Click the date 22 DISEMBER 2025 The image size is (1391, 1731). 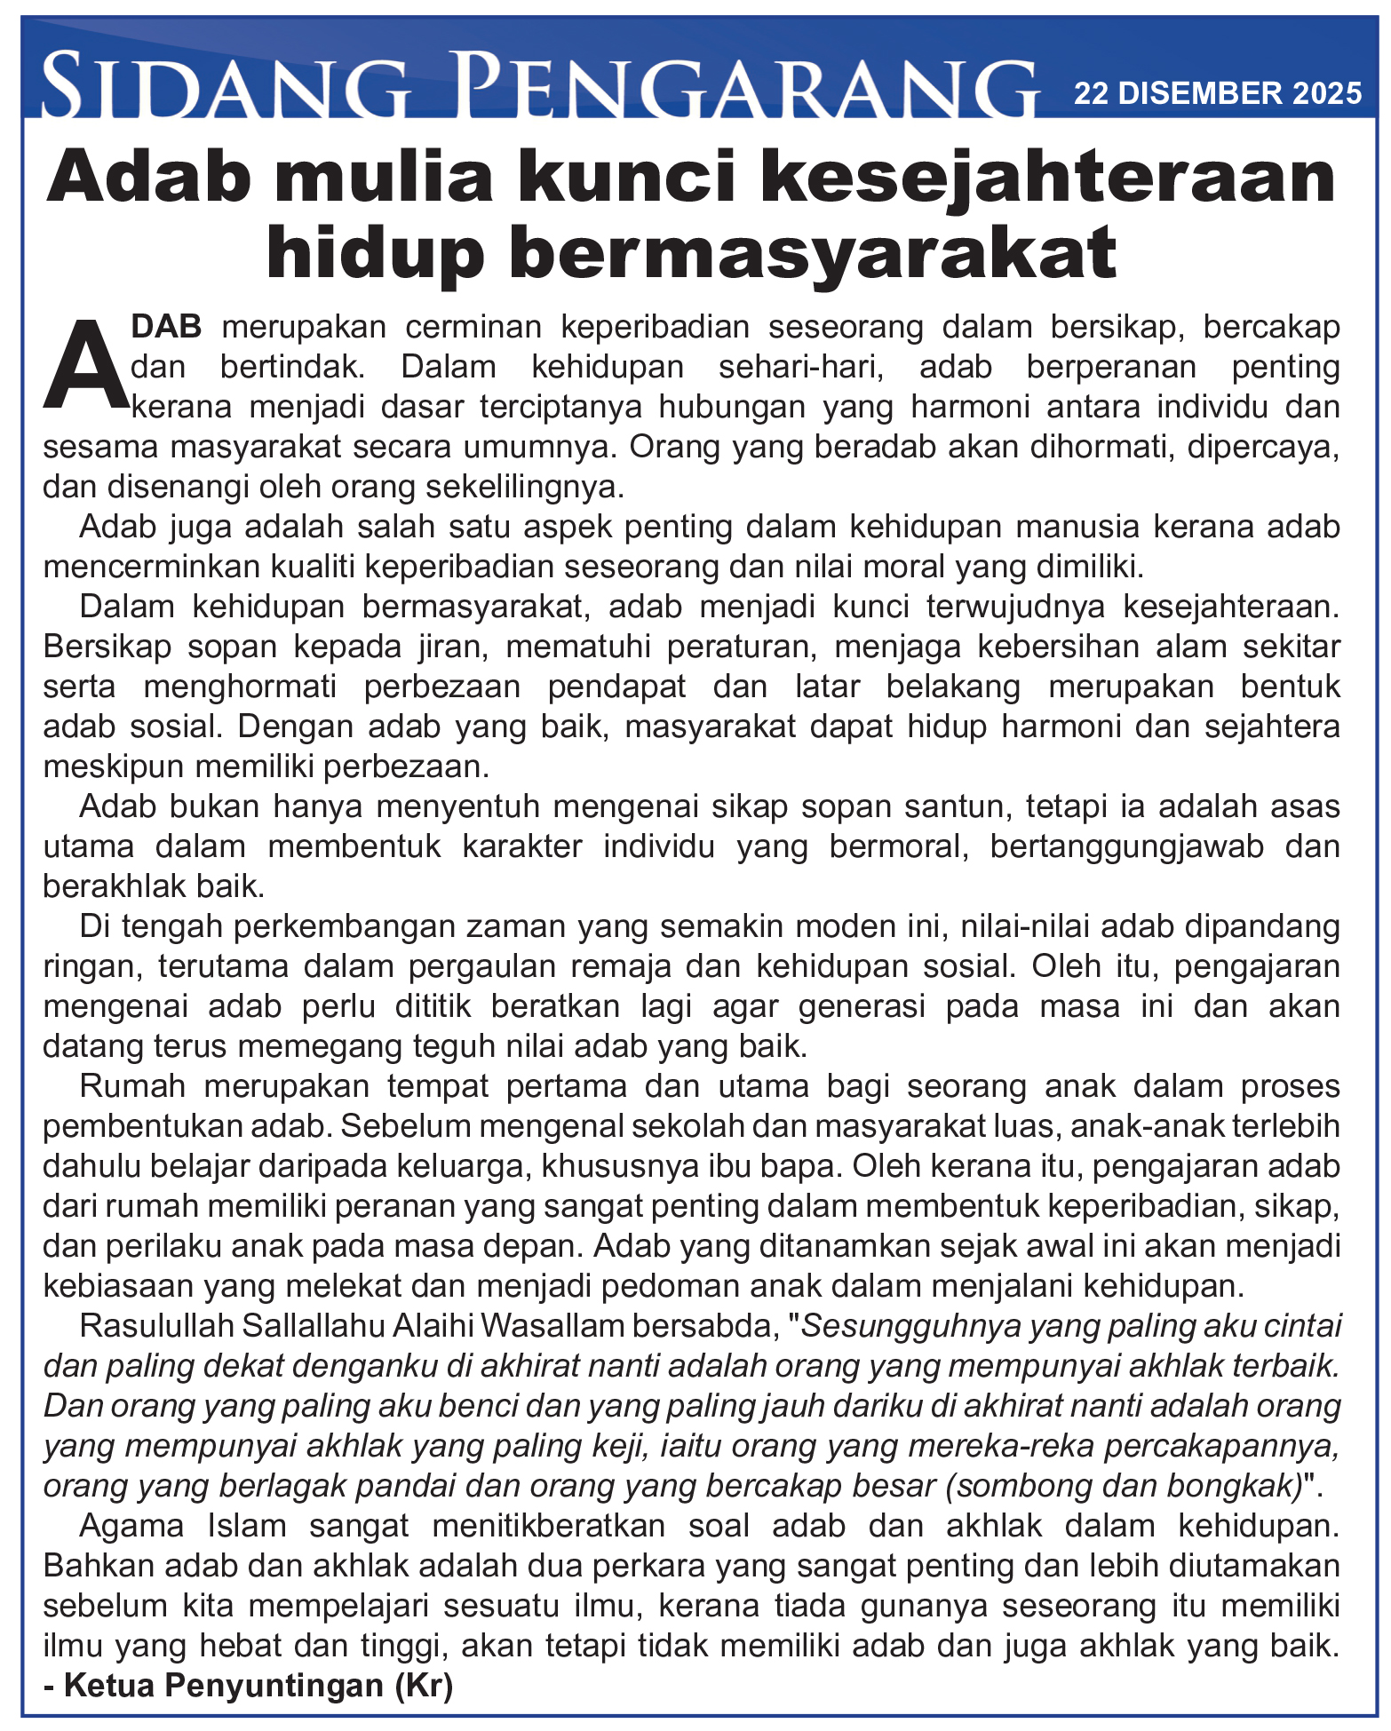1217,93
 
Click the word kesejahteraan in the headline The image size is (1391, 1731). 1048,178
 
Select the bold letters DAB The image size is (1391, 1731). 167,327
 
